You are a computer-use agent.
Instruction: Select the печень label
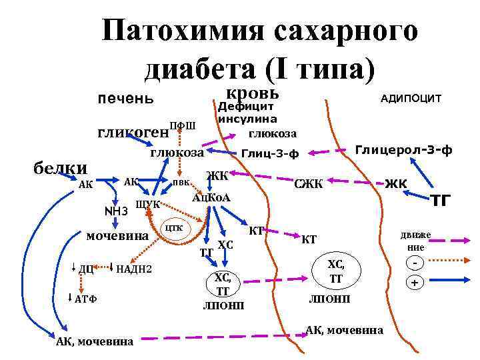[x=126, y=100]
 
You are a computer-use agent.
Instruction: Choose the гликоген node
[x=133, y=132]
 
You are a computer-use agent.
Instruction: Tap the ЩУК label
[x=147, y=203]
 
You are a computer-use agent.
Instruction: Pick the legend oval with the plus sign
[x=415, y=283]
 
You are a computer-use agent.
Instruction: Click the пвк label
[x=181, y=181]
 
